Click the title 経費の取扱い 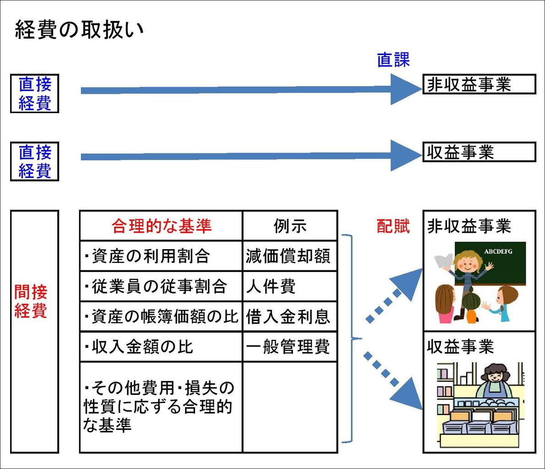[x=79, y=30]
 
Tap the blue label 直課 [x=393, y=60]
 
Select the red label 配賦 [x=393, y=226]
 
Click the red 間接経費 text [x=31, y=301]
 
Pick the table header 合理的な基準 [x=162, y=226]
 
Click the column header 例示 [x=290, y=226]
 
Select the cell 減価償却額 [x=288, y=256]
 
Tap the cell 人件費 [x=271, y=286]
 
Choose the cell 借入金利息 [x=288, y=317]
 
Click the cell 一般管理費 [x=288, y=347]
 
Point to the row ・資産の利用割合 [x=147, y=256]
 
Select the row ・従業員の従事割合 [x=155, y=286]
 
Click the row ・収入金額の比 [x=139, y=347]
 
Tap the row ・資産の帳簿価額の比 [x=161, y=317]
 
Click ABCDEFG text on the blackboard [x=498, y=251]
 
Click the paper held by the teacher [x=443, y=262]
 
